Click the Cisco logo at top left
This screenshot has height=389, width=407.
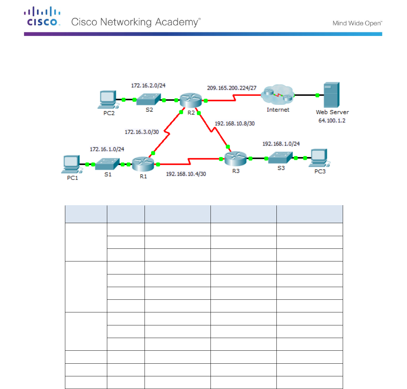pyautogui.click(x=42, y=17)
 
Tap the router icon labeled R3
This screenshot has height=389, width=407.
pyautogui.click(x=235, y=158)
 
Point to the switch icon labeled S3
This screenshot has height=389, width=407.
pyautogui.click(x=280, y=158)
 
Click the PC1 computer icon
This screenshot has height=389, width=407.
pyautogui.click(x=71, y=165)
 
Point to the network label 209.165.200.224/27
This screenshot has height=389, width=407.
pyautogui.click(x=232, y=88)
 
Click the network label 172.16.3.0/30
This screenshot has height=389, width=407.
pyautogui.click(x=142, y=132)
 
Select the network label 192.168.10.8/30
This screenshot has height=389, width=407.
pyautogui.click(x=234, y=124)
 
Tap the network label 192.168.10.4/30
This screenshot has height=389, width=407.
pyautogui.click(x=186, y=174)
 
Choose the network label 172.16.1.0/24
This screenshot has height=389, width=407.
pyautogui.click(x=107, y=149)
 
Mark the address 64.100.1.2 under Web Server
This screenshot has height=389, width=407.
pyautogui.click(x=332, y=121)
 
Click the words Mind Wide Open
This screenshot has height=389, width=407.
pyautogui.click(x=357, y=23)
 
